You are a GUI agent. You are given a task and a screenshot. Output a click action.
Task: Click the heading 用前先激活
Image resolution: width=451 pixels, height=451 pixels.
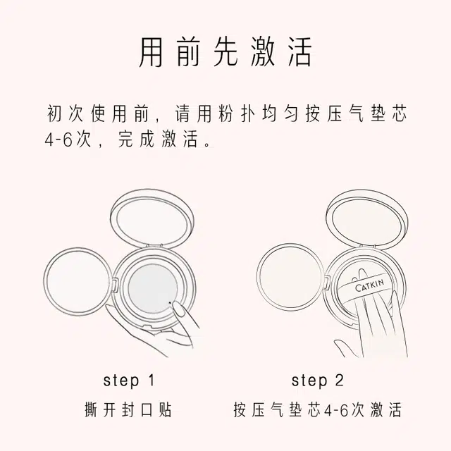tap(225, 52)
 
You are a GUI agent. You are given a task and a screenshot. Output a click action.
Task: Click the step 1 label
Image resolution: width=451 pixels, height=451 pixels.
tap(129, 381)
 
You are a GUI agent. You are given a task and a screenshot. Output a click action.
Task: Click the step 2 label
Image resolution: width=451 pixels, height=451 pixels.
tap(317, 381)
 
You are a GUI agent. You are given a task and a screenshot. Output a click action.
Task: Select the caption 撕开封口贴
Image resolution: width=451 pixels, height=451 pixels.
tap(128, 409)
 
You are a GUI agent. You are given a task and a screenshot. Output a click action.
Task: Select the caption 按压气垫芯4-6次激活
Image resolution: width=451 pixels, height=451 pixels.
tap(317, 409)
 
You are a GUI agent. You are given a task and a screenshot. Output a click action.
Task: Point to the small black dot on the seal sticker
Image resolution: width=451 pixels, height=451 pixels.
tap(170, 302)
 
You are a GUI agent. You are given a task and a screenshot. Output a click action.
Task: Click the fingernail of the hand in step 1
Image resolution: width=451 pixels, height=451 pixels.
tap(180, 310)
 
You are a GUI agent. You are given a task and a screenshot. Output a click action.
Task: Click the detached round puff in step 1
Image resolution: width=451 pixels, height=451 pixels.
tap(78, 281)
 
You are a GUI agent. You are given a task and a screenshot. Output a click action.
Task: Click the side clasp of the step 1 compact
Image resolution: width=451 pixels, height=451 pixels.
tap(114, 285)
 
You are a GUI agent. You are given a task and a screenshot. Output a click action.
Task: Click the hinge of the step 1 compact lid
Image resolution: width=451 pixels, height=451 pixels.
tap(153, 246)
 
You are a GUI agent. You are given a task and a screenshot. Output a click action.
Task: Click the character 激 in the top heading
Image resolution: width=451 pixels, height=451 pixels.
tap(263, 52)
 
